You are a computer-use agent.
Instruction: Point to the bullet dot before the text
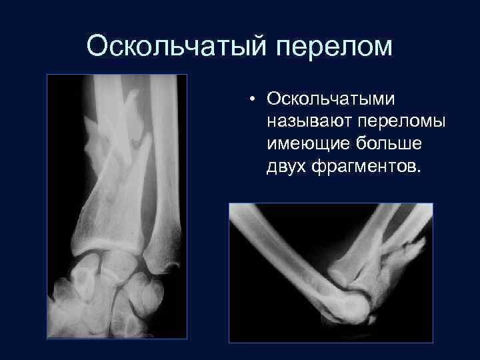[x=254, y=100]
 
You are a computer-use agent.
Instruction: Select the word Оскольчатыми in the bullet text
[x=331, y=99]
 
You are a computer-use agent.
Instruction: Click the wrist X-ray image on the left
[x=117, y=207]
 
